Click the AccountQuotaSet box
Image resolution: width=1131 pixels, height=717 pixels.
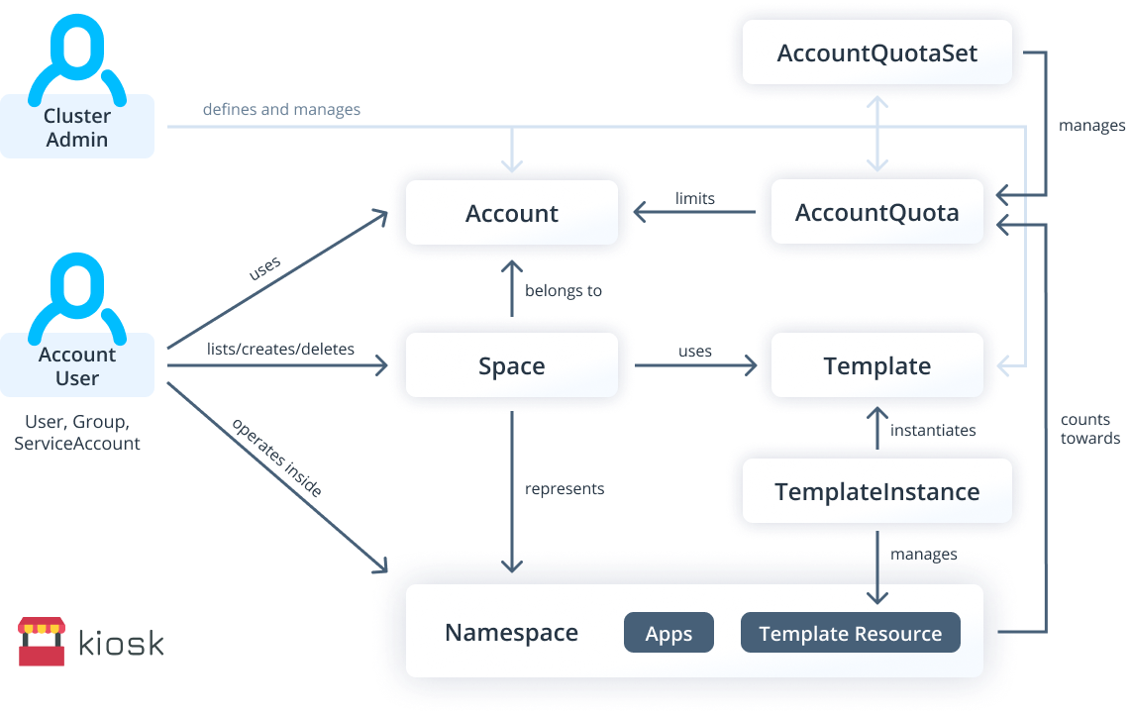coord(876,52)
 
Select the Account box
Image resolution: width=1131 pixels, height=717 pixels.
coord(511,213)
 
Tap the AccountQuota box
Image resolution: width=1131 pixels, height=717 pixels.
coord(876,213)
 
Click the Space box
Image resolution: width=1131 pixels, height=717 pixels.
coord(511,366)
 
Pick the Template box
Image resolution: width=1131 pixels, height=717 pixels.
coord(876,366)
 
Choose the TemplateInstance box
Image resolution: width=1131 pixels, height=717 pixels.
coord(876,491)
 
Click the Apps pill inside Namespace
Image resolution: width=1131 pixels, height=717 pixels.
coord(668,634)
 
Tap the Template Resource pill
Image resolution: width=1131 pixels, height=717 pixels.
coord(850,634)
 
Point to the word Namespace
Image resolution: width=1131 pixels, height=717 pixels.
coord(511,633)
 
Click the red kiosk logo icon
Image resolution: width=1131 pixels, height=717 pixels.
coord(41,642)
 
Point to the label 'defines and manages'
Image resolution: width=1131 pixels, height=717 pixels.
coord(281,109)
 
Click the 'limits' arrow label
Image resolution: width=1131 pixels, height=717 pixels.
coord(694,198)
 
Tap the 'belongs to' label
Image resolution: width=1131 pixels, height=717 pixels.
coord(563,291)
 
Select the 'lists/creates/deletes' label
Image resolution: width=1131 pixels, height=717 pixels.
coord(280,349)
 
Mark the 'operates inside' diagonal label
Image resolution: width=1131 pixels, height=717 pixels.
coord(276,457)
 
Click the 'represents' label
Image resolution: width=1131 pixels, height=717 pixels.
coord(564,488)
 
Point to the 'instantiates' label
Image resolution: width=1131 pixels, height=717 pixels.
coord(932,430)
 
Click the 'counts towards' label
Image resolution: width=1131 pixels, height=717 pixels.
coord(1089,429)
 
